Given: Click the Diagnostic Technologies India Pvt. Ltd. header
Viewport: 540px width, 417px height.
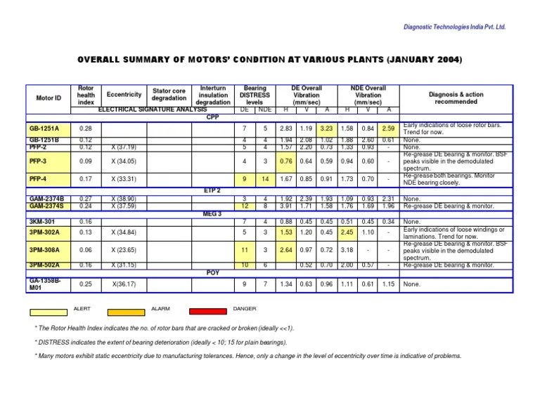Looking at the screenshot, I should [454, 27].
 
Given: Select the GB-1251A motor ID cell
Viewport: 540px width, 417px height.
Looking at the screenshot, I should [44, 129].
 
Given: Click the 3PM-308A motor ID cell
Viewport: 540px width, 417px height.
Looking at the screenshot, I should [44, 250].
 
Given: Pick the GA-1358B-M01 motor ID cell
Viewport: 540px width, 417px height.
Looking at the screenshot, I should [44, 284].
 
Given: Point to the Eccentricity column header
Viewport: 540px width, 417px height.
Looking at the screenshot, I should [124, 94].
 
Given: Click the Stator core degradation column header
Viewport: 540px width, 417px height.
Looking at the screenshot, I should [168, 94].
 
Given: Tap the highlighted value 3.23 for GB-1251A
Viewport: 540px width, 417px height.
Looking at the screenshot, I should [326, 129].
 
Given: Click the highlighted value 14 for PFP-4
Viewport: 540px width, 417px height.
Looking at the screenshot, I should [265, 180].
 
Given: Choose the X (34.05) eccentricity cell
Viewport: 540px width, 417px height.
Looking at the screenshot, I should [124, 161].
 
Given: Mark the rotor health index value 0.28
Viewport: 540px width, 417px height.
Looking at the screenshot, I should [86, 129].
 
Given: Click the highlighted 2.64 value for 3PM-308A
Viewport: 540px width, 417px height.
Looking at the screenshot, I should [285, 250].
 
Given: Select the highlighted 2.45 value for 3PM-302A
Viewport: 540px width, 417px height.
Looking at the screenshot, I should [346, 232].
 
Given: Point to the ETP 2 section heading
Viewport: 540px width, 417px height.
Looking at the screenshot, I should [213, 190].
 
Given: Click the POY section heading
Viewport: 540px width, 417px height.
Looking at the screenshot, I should [213, 272].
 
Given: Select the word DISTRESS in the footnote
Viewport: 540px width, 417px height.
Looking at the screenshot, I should [56, 343].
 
